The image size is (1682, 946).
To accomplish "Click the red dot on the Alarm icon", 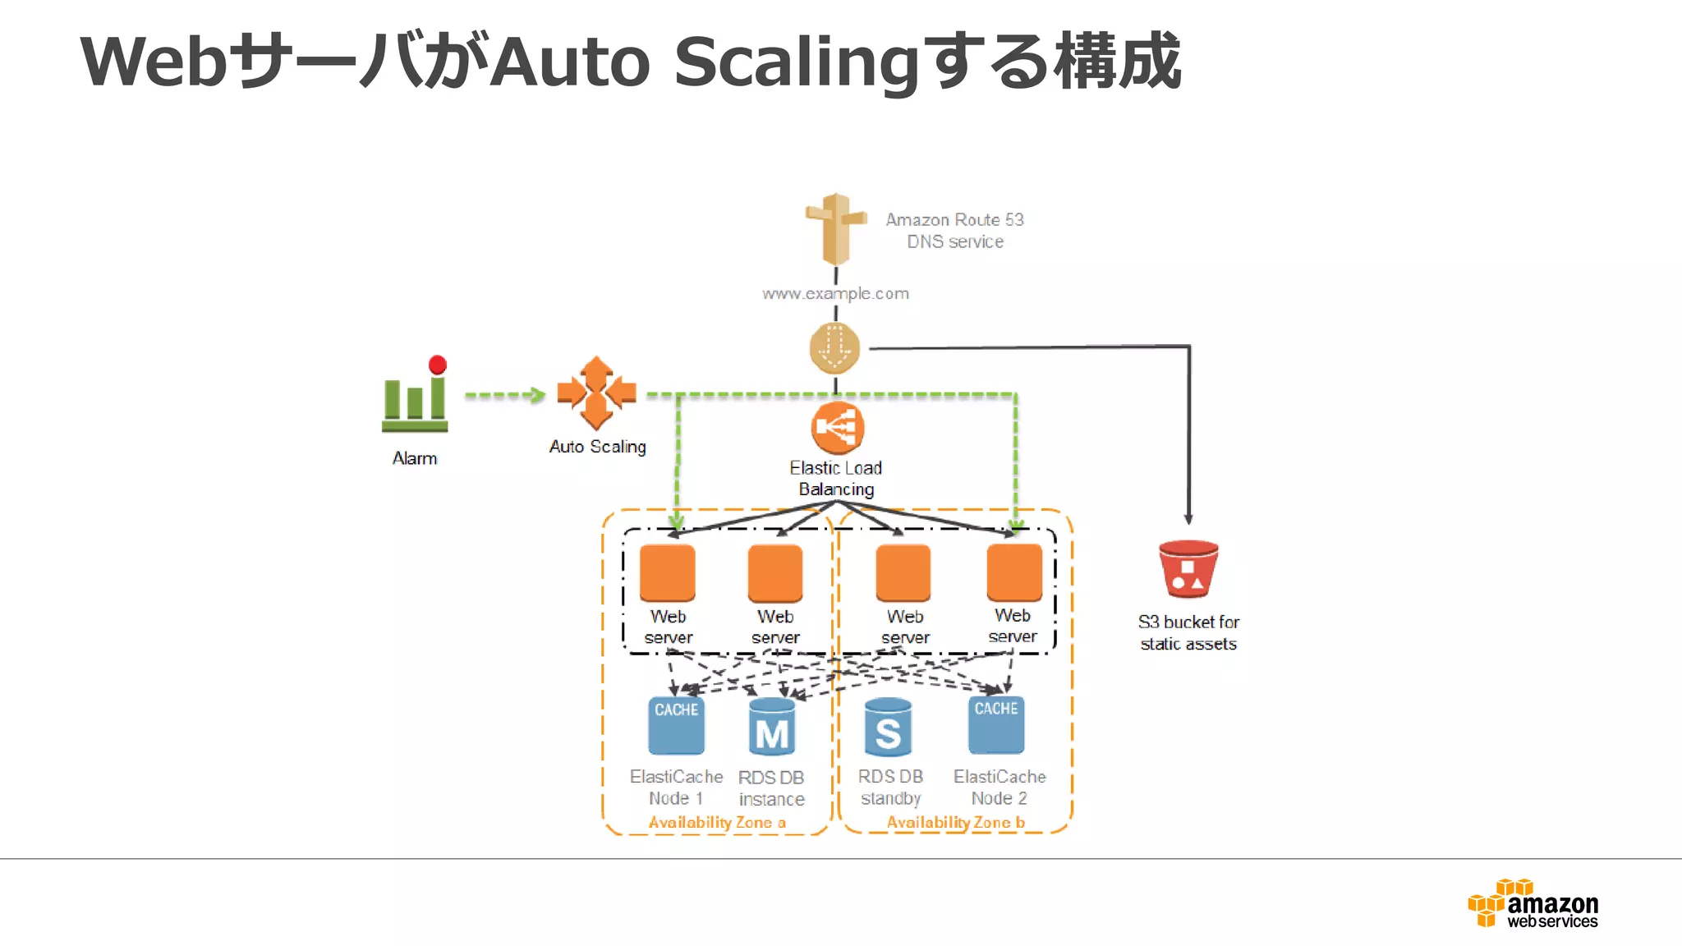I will coord(438,365).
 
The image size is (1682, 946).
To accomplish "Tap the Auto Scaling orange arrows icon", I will coord(596,393).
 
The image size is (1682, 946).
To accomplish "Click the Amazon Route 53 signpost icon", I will coord(835,228).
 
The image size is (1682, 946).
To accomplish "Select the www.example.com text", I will coord(835,293).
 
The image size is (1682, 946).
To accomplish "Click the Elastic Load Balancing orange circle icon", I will coord(837,428).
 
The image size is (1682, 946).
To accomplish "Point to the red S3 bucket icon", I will coord(1188,569).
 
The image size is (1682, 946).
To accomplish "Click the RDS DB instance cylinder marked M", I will coord(772,728).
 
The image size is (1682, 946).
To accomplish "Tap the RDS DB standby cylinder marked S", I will coord(888,728).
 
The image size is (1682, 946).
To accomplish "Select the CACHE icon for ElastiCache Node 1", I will coord(676,725).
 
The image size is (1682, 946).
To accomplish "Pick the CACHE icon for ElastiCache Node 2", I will coord(996,724).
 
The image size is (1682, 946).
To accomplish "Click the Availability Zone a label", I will coord(717,822).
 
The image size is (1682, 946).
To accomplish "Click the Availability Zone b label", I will coord(955,822).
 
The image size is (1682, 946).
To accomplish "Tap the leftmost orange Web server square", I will coord(667,572).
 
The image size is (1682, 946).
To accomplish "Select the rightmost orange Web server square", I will coord(1014,572).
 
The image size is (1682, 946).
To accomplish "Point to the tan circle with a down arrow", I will coord(834,348).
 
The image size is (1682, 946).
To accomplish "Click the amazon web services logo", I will coord(1533,904).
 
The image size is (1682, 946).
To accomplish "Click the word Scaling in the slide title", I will coord(796,62).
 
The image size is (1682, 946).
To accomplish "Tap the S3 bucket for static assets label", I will coord(1188,632).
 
